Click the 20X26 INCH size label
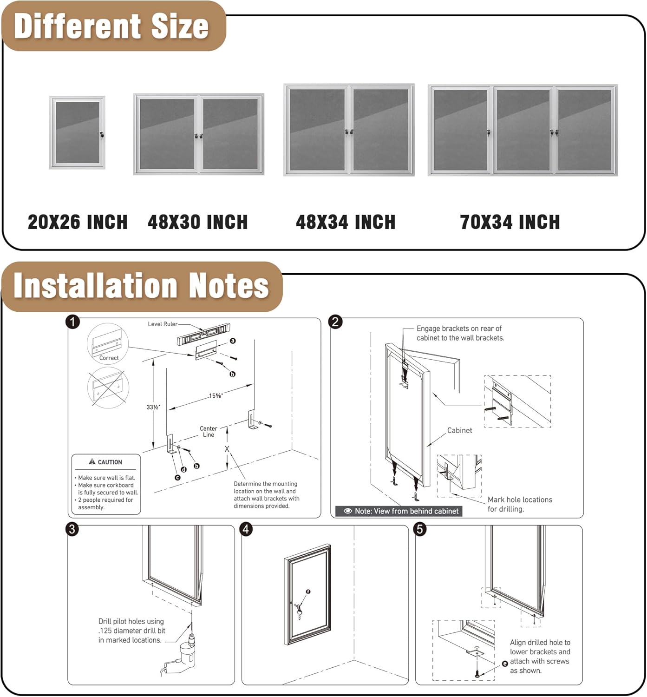(78, 222)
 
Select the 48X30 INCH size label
(197, 222)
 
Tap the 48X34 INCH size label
(346, 222)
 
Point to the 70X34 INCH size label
(510, 222)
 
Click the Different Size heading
(111, 26)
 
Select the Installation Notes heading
(141, 285)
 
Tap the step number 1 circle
(73, 322)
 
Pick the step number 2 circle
(335, 322)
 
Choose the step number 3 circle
(72, 529)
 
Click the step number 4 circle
(246, 529)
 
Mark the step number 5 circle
(420, 529)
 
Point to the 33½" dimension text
(153, 407)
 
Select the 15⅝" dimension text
(216, 396)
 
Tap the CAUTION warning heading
(106, 462)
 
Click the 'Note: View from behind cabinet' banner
(399, 511)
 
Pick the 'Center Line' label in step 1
(209, 432)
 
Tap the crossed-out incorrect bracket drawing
(108, 388)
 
